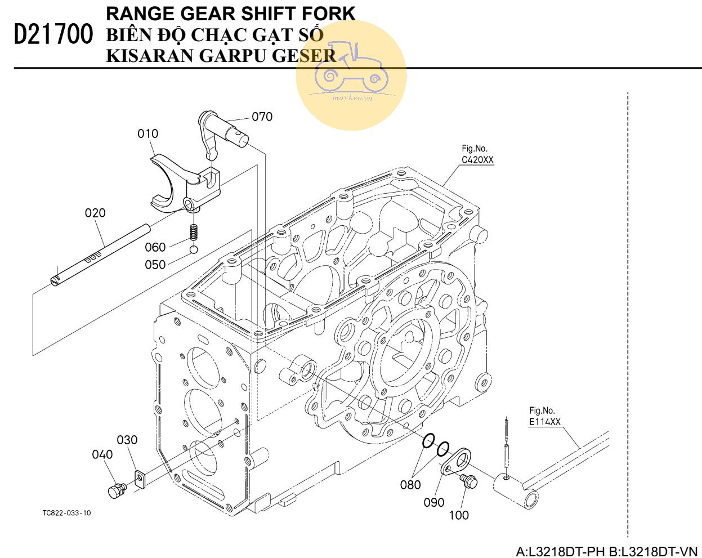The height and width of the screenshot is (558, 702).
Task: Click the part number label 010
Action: tap(148, 133)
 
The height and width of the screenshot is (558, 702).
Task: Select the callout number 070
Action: tap(262, 117)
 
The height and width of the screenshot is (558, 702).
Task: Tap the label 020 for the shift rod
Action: tap(95, 213)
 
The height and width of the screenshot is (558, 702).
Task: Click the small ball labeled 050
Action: tap(193, 249)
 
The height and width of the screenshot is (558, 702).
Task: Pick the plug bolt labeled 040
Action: tap(117, 490)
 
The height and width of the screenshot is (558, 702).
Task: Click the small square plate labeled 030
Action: tap(139, 480)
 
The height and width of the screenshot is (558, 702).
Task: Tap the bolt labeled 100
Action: tap(468, 481)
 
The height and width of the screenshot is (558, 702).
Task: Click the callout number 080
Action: tap(410, 484)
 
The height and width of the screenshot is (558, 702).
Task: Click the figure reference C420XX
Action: tap(477, 160)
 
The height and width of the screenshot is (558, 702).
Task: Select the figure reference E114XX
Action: tap(544, 422)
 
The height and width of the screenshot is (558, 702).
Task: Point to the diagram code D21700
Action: tap(53, 35)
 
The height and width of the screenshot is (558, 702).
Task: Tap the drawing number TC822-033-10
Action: tap(66, 513)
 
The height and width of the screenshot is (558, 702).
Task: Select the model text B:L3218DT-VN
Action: tap(653, 551)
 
